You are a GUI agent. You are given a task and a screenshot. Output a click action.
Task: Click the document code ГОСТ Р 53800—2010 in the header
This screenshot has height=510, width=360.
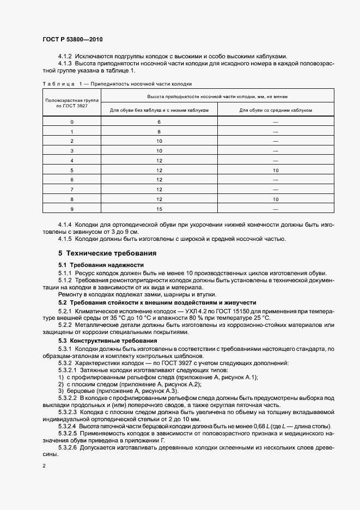[x=73, y=40]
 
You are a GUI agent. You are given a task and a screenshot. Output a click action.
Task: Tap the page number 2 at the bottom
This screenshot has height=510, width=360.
[x=44, y=466]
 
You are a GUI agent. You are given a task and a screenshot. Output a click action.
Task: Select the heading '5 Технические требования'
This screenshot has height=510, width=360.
[x=107, y=253]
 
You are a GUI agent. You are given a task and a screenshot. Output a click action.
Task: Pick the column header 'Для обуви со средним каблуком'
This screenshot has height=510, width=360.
[x=276, y=110]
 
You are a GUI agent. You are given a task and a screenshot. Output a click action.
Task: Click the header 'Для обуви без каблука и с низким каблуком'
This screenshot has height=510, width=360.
[x=159, y=110]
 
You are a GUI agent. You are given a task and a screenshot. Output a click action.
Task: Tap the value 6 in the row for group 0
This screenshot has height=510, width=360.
[x=159, y=122]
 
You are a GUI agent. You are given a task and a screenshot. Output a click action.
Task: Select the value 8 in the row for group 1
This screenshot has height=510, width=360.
[x=159, y=132]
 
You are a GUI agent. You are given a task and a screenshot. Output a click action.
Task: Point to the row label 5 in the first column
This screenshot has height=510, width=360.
[x=71, y=170]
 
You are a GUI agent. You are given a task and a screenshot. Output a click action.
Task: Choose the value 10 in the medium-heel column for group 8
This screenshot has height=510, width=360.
[x=276, y=199]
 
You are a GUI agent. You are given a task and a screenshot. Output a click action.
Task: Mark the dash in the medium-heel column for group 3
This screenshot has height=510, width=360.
[x=276, y=151]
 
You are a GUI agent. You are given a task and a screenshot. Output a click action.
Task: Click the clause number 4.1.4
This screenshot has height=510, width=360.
[x=65, y=224]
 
